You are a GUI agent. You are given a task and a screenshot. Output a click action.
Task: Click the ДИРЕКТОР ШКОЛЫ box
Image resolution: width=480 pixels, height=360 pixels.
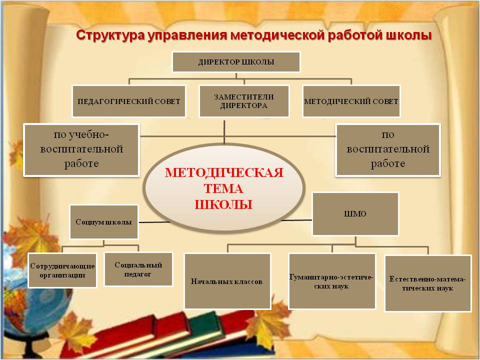coord(236,62)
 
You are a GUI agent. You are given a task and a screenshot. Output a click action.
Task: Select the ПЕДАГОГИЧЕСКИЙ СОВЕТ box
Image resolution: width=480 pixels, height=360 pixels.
coord(128,100)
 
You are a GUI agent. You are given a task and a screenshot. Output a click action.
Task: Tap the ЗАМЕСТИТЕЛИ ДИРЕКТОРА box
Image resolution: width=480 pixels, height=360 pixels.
coord(243,101)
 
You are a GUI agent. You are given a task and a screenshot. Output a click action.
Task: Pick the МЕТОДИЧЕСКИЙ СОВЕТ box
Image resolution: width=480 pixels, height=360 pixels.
coord(351,100)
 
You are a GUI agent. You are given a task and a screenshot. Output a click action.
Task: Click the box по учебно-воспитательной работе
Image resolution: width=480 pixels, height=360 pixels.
coord(81,149)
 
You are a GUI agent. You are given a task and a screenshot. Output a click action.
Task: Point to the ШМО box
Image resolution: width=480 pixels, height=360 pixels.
coord(355,213)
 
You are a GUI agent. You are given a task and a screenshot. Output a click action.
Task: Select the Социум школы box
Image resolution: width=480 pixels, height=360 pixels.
coord(103,221)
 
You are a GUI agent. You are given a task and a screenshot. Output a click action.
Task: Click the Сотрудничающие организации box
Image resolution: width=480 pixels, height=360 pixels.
coord(61,270)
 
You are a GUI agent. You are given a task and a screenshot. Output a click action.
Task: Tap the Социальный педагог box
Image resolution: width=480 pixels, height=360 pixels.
coord(133,268)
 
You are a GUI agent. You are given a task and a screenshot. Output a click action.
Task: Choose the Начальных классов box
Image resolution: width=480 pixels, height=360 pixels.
coord(227,281)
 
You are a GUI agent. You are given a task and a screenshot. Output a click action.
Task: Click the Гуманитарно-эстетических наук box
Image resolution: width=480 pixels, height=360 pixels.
coord(332,281)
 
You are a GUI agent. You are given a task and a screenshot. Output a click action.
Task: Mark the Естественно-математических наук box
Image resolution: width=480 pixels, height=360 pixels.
coord(427,283)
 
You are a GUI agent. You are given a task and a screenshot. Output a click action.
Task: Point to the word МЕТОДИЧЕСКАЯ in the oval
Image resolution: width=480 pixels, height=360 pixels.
coord(224,173)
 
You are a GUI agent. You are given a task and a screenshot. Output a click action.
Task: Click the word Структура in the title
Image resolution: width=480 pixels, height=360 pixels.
coord(106,35)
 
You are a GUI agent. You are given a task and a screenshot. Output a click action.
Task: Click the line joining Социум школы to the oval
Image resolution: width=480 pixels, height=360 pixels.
coord(155,221)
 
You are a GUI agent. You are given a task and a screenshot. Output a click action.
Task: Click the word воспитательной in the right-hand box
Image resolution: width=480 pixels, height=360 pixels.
coord(388,149)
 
